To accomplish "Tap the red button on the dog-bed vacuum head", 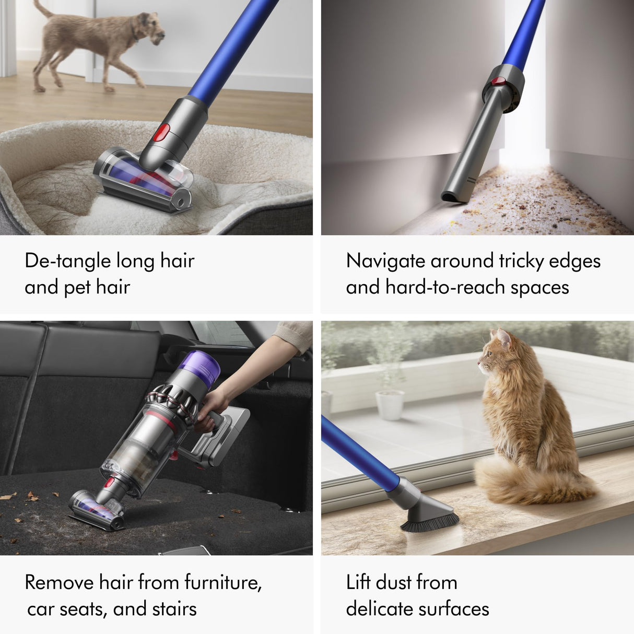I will pos(161,133).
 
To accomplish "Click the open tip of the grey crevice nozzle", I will pos(450,197).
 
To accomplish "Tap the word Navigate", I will pos(385,261).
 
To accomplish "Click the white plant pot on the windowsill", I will pos(390,405).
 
